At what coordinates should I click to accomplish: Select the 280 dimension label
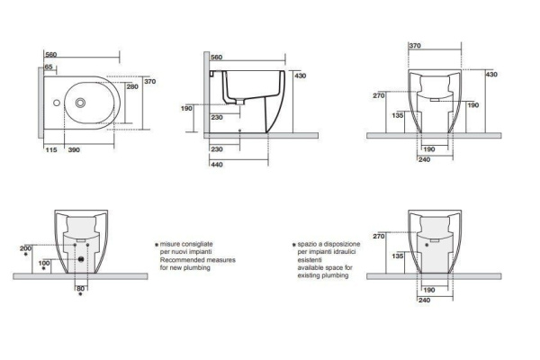click(x=133, y=87)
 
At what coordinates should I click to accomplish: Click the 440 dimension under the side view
click(x=216, y=166)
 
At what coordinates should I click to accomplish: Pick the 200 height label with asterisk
click(x=25, y=247)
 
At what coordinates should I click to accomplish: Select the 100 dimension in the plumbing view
click(x=43, y=263)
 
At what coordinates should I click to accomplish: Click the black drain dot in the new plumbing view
click(x=82, y=260)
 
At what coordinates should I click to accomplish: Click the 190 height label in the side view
click(x=187, y=108)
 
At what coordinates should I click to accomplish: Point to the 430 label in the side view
click(x=301, y=76)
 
